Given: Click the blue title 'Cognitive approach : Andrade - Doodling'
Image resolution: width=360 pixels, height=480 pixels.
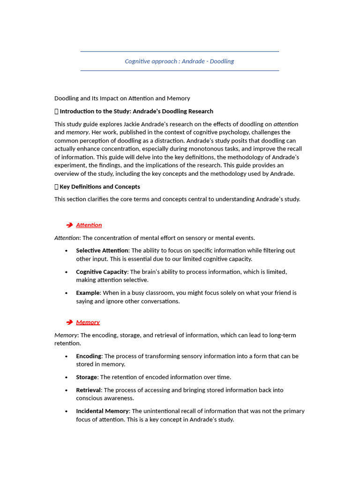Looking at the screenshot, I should [x=179, y=61].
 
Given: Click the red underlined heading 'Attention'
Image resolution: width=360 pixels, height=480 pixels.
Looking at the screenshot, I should [x=89, y=225].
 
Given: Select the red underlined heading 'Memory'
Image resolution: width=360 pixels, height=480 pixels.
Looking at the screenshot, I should [x=88, y=322].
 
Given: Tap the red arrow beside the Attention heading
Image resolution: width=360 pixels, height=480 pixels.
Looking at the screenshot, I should [x=69, y=225].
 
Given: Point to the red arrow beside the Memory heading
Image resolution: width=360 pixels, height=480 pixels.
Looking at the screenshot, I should [x=69, y=322].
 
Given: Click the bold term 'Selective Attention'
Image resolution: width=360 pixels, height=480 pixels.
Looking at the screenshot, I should [x=102, y=250].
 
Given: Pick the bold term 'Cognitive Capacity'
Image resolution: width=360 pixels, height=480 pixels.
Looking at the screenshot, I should [x=102, y=272].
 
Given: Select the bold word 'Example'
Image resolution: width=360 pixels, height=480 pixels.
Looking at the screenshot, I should [x=88, y=293].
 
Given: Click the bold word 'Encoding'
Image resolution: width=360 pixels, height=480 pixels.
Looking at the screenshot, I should [x=89, y=356].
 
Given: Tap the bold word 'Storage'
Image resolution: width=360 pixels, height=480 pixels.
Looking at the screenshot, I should [x=87, y=377].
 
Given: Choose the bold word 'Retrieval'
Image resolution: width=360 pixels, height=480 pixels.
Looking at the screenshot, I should [x=89, y=390].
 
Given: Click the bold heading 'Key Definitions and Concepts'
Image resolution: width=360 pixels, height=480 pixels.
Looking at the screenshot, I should [x=99, y=187].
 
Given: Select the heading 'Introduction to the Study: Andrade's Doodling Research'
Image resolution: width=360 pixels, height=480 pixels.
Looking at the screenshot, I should [x=136, y=112].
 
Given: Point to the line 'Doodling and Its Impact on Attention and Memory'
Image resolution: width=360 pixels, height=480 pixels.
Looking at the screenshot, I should [x=122, y=98].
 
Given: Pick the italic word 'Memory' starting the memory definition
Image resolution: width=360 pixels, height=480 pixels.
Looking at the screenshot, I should [x=66, y=335].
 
